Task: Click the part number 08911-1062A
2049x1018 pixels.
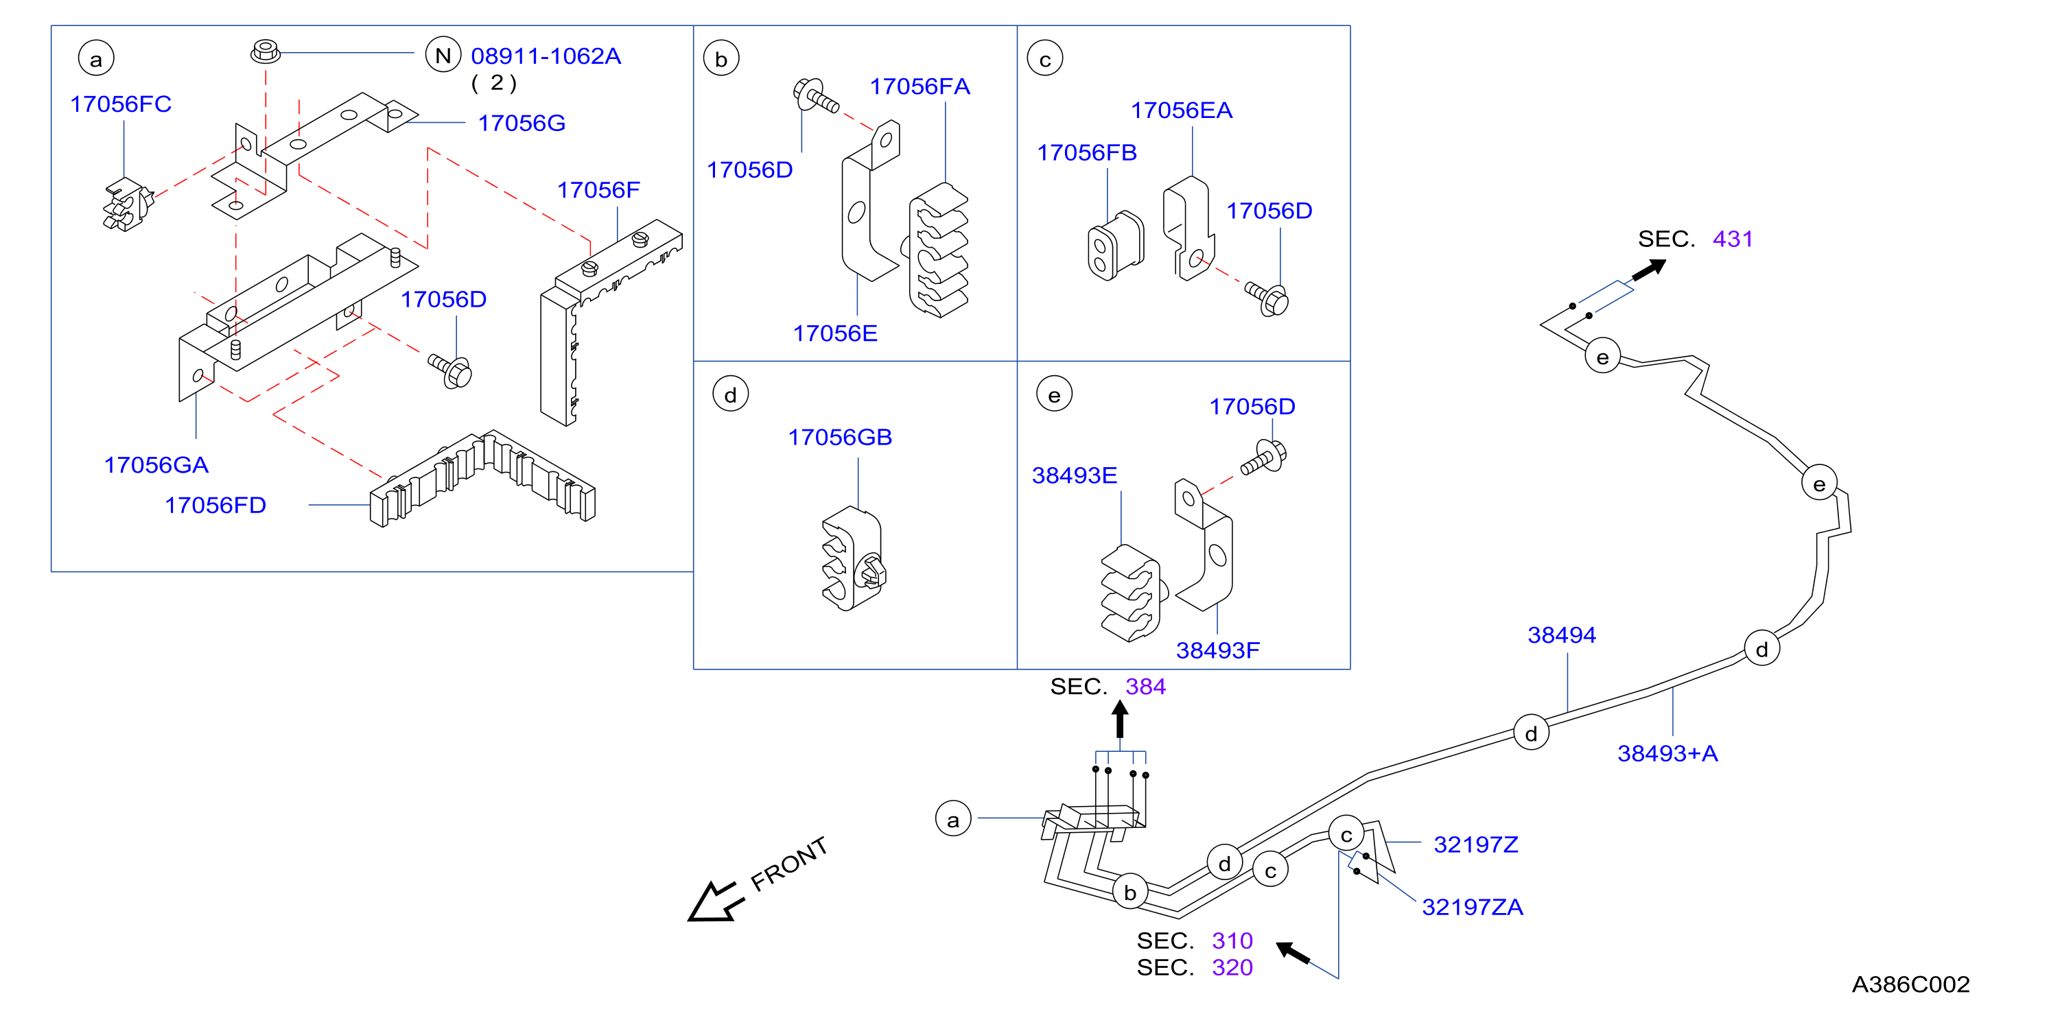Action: (546, 56)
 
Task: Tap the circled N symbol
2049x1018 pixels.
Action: (443, 55)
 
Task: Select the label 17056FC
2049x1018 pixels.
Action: (121, 104)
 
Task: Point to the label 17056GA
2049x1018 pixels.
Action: (156, 465)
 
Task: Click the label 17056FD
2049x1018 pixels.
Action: (215, 505)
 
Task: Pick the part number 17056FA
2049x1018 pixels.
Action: (920, 86)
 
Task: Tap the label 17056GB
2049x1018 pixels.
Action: (840, 438)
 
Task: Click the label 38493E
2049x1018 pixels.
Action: (1075, 475)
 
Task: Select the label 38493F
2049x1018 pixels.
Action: (1218, 650)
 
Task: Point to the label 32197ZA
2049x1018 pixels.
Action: (1473, 908)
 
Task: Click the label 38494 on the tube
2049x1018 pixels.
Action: (1561, 635)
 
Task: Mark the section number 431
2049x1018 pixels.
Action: (1733, 239)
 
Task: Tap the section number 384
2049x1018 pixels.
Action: (1145, 687)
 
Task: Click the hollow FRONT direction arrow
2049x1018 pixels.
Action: (715, 902)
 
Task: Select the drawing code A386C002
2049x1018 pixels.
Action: (1910, 984)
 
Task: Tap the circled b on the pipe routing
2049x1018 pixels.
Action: (1129, 892)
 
